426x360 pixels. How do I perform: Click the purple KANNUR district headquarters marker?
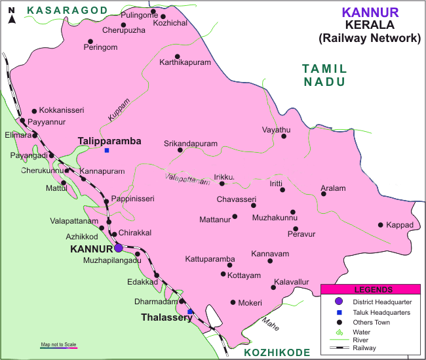[x=118, y=248]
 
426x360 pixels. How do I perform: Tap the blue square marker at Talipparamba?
[x=107, y=150]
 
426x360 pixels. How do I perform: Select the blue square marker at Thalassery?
[x=190, y=311]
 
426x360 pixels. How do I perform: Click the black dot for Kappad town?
[x=381, y=225]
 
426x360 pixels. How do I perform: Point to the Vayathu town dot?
[x=284, y=136]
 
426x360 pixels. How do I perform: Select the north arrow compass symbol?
[x=11, y=16]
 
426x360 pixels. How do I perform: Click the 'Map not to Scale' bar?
[x=59, y=346]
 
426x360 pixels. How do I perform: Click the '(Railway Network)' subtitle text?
[x=369, y=39]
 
